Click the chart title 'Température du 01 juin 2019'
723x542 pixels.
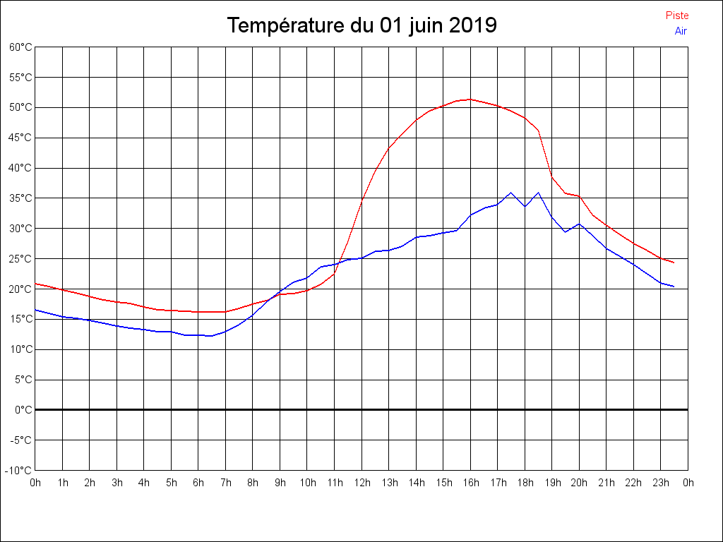pyautogui.click(x=361, y=25)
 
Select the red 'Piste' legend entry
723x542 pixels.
pyautogui.click(x=677, y=16)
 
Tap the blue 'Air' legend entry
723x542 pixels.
pyautogui.click(x=681, y=30)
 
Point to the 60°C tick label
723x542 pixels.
pyautogui.click(x=20, y=47)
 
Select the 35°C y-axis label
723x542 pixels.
pyautogui.click(x=20, y=198)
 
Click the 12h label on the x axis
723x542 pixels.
pyautogui.click(x=361, y=483)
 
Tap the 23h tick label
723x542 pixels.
pyautogui.click(x=661, y=483)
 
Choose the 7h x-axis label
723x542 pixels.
pyautogui.click(x=225, y=483)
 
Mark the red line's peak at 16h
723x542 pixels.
pyautogui.click(x=470, y=99)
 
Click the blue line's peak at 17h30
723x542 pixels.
pyautogui.click(x=511, y=192)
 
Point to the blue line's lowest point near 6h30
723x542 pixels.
pyautogui.click(x=211, y=336)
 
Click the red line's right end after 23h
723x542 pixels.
pyautogui.click(x=674, y=263)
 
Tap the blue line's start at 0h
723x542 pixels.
pyautogui.click(x=35, y=309)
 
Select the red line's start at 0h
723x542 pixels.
pyautogui.click(x=35, y=283)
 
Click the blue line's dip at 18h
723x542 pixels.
pyautogui.click(x=525, y=206)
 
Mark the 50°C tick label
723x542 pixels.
pyautogui.click(x=20, y=107)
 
